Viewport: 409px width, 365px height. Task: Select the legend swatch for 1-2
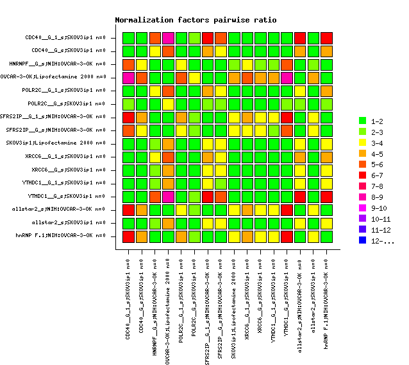pyautogui.click(x=362, y=121)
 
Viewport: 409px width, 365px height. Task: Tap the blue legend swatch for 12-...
pyautogui.click(x=362, y=241)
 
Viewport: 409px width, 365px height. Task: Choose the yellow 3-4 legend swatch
pyautogui.click(x=362, y=143)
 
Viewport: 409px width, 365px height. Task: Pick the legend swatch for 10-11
pyautogui.click(x=362, y=219)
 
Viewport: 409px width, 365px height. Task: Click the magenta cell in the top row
pyautogui.click(x=169, y=38)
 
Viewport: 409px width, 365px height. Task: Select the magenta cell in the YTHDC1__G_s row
pyautogui.click(x=169, y=196)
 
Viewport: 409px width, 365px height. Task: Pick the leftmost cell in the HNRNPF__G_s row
pyautogui.click(x=129, y=64)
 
